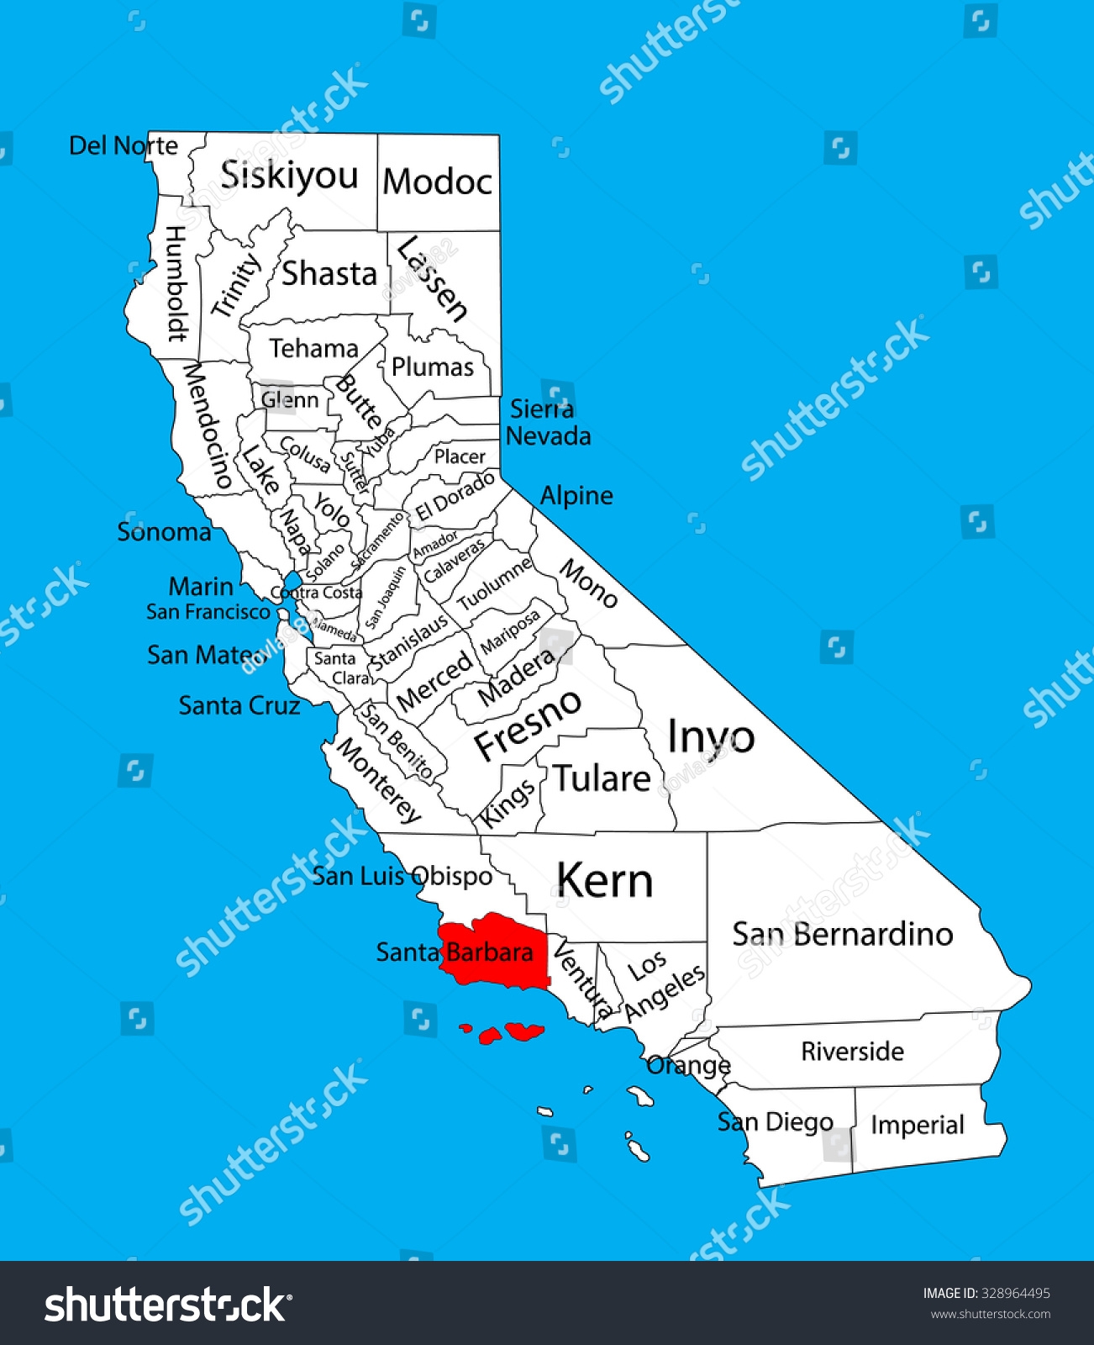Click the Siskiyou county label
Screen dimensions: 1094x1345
[289, 176]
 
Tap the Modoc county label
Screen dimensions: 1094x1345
[437, 182]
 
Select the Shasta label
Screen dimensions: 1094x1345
[329, 274]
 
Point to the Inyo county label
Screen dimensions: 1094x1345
[710, 737]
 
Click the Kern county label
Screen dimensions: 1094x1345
[604, 881]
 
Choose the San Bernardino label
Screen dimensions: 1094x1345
[842, 934]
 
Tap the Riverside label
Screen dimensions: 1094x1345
[852, 1051]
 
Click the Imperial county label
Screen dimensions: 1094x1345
[917, 1125]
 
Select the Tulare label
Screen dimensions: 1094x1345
[602, 778]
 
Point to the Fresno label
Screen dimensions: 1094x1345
[527, 725]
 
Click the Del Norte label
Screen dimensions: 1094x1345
[123, 145]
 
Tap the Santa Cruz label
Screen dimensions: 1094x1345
[239, 705]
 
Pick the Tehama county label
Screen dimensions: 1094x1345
[313, 348]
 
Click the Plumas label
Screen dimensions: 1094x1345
[433, 367]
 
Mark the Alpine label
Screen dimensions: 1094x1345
[576, 495]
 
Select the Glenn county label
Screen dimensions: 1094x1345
[290, 399]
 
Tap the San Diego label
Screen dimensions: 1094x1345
[775, 1121]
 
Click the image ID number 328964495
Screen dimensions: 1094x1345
[1015, 1293]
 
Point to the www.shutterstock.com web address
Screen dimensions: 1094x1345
[990, 1315]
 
